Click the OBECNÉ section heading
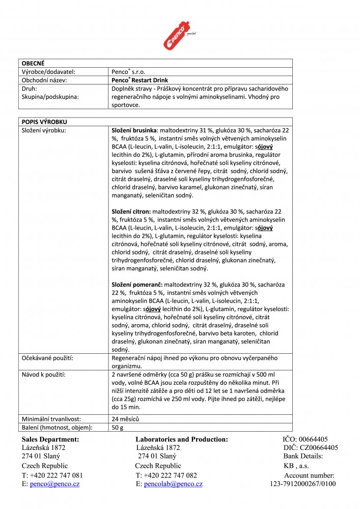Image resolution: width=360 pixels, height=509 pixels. click(x=33, y=63)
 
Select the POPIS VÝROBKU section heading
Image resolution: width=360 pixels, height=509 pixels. click(x=44, y=122)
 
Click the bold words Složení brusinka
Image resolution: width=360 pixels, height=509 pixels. click(x=134, y=131)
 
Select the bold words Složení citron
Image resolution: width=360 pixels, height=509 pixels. click(x=131, y=211)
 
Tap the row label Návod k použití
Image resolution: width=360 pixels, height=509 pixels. click(x=43, y=375)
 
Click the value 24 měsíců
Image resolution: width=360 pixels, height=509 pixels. click(x=125, y=419)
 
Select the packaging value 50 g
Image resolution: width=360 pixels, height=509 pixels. click(x=118, y=428)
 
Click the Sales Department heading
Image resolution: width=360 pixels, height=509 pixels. click(x=50, y=439)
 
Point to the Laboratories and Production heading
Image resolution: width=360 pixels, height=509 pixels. click(x=181, y=439)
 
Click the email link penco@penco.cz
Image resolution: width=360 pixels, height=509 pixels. click(x=54, y=484)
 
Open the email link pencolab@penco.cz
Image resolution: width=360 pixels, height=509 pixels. click(x=172, y=484)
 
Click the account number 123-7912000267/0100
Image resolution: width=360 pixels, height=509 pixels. click(x=302, y=484)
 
